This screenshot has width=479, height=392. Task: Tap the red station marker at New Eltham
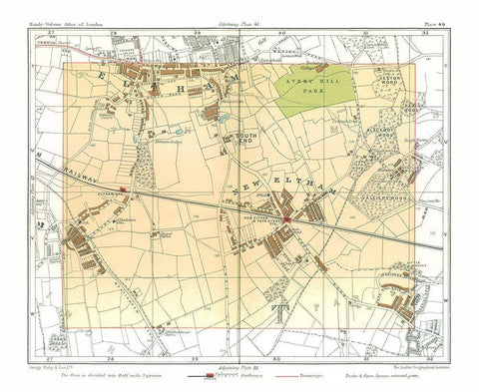(x=285, y=219)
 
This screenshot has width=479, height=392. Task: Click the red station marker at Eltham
(x=122, y=187)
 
